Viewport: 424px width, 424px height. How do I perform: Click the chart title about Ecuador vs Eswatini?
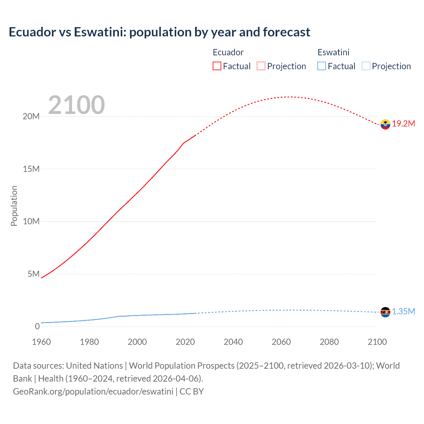tap(159, 32)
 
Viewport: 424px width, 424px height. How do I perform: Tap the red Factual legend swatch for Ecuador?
tap(217, 66)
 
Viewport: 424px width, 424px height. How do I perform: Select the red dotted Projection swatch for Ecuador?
tap(261, 66)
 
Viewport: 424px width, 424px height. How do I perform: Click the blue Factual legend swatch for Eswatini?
tap(322, 66)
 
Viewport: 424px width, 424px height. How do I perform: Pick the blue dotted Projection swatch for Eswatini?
tap(366, 66)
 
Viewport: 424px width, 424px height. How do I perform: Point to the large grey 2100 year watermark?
tap(77, 105)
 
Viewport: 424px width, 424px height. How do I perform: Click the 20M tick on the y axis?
tap(31, 116)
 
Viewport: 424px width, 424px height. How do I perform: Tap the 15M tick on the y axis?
tap(31, 169)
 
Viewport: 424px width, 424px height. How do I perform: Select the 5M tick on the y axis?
tap(33, 274)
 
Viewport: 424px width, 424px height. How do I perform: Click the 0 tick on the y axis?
tap(37, 326)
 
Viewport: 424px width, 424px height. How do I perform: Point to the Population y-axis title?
tap(14, 206)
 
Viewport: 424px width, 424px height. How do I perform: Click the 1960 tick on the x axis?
tap(41, 342)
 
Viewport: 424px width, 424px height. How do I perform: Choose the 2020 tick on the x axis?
tap(185, 342)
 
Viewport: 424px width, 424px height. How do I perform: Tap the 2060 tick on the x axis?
tap(281, 342)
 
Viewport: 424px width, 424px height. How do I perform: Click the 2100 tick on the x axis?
tap(377, 342)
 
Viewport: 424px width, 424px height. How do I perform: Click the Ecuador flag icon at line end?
tap(385, 124)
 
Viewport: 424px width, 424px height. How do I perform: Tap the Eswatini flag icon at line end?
tap(385, 312)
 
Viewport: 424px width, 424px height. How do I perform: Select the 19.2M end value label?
tap(403, 124)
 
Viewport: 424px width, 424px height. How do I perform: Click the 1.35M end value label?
tap(403, 312)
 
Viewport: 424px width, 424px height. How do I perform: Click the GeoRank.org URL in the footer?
tap(93, 392)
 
